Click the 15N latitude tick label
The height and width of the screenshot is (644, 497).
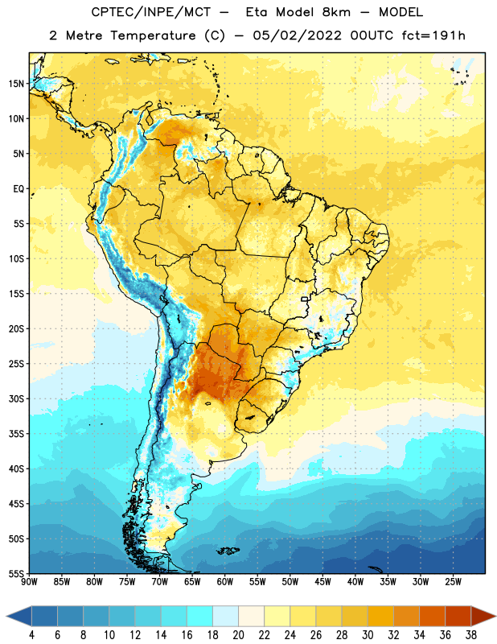click(x=16, y=84)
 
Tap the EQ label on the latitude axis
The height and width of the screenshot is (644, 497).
click(x=18, y=189)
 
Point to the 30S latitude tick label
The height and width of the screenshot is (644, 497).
click(x=16, y=398)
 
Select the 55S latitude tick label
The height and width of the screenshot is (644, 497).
click(x=16, y=573)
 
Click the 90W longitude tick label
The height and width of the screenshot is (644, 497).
click(x=29, y=582)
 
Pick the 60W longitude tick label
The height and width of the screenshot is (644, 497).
click(x=225, y=582)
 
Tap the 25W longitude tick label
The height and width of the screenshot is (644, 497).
click(x=453, y=582)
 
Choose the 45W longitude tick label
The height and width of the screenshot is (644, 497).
click(x=322, y=582)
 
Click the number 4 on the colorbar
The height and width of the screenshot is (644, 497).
click(x=31, y=635)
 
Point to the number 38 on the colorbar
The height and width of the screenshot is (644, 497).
click(x=470, y=635)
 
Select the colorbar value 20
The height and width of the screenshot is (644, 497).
click(x=238, y=635)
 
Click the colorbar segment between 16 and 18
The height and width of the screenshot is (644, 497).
click(x=200, y=616)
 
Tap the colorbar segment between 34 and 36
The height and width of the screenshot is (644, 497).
click(x=432, y=616)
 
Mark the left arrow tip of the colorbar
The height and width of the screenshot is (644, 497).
click(x=6, y=616)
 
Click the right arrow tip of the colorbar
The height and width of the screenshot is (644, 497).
click(x=495, y=616)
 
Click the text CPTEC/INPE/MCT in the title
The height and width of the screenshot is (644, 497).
click(x=150, y=12)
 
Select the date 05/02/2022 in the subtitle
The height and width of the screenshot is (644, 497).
click(x=297, y=35)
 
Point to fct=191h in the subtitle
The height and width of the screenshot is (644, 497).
click(x=433, y=35)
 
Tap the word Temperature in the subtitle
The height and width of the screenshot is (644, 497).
click(x=153, y=36)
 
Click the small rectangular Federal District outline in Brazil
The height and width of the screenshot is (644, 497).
click(x=305, y=299)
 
